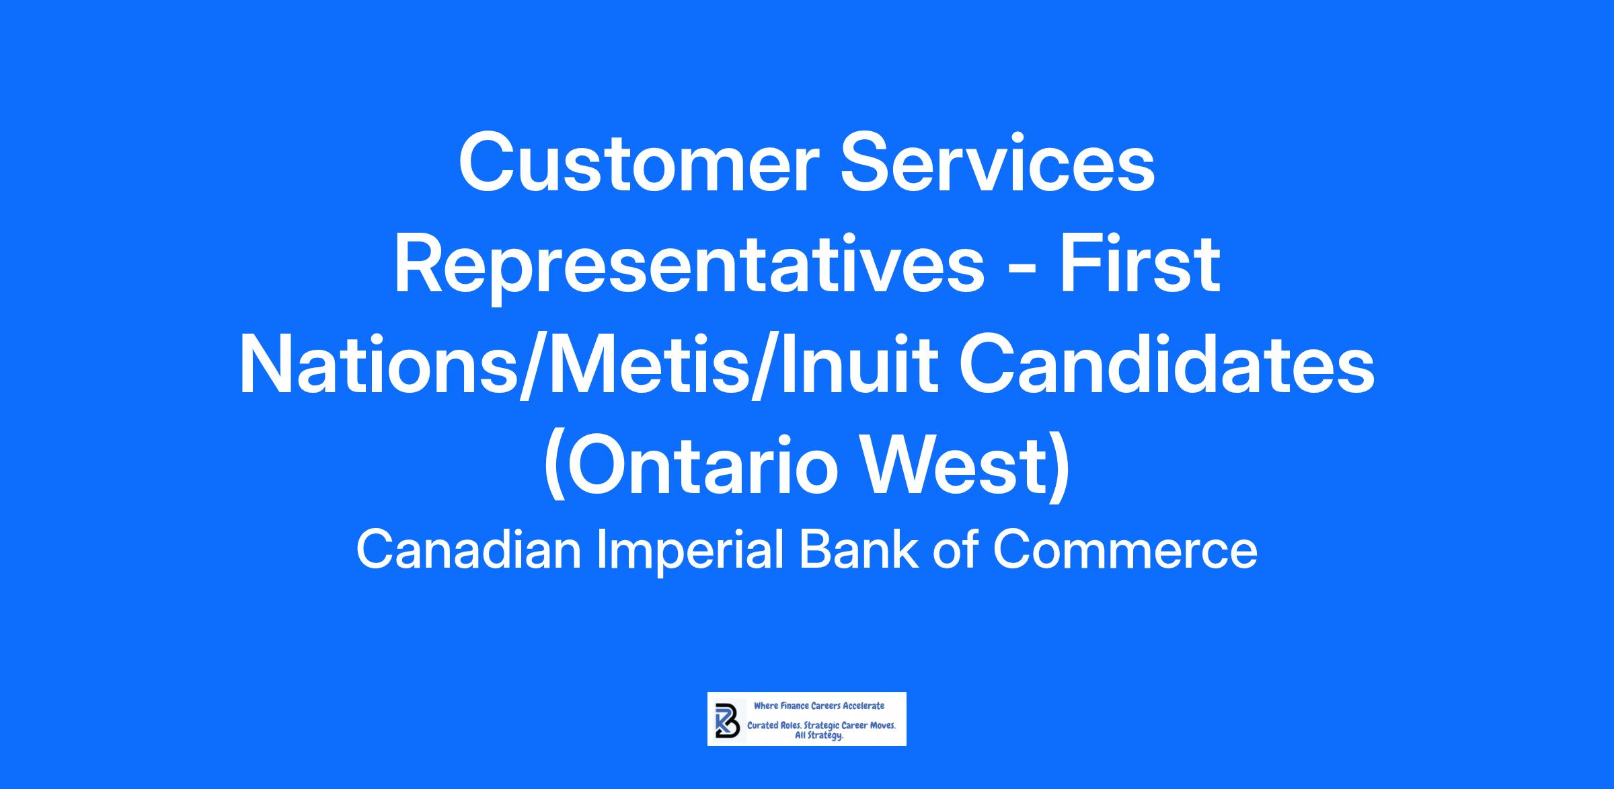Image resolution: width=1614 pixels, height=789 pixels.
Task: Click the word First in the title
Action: (1141, 264)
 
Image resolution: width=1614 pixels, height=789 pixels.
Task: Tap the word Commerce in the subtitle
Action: (1125, 550)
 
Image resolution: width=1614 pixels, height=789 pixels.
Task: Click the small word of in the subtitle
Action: (955, 550)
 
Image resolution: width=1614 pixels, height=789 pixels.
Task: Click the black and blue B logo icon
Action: (727, 720)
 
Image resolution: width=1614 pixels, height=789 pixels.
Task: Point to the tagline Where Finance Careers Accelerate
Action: (819, 706)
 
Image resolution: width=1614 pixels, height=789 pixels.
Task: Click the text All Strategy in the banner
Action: (819, 737)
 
